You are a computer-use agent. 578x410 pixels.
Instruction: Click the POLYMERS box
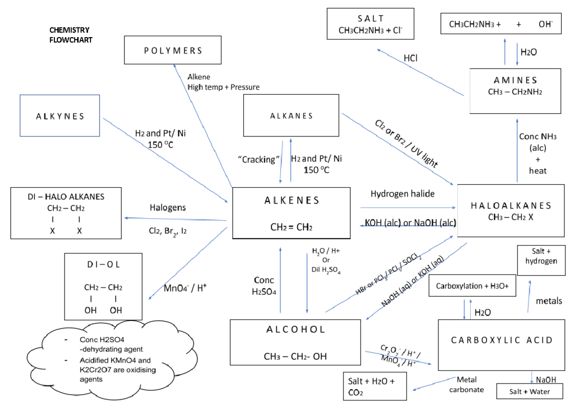click(173, 50)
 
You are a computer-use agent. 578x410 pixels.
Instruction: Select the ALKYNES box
click(60, 116)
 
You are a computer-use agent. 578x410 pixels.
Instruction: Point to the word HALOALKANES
click(511, 206)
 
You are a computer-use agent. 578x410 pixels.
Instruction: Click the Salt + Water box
click(530, 391)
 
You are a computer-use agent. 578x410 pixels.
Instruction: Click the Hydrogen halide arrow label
click(402, 193)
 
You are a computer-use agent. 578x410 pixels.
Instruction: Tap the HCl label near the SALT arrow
click(410, 58)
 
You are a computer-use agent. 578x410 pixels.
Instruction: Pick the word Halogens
click(168, 208)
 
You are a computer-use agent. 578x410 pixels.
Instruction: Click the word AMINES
click(515, 80)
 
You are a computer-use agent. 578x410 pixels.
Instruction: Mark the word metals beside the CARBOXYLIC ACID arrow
click(549, 301)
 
